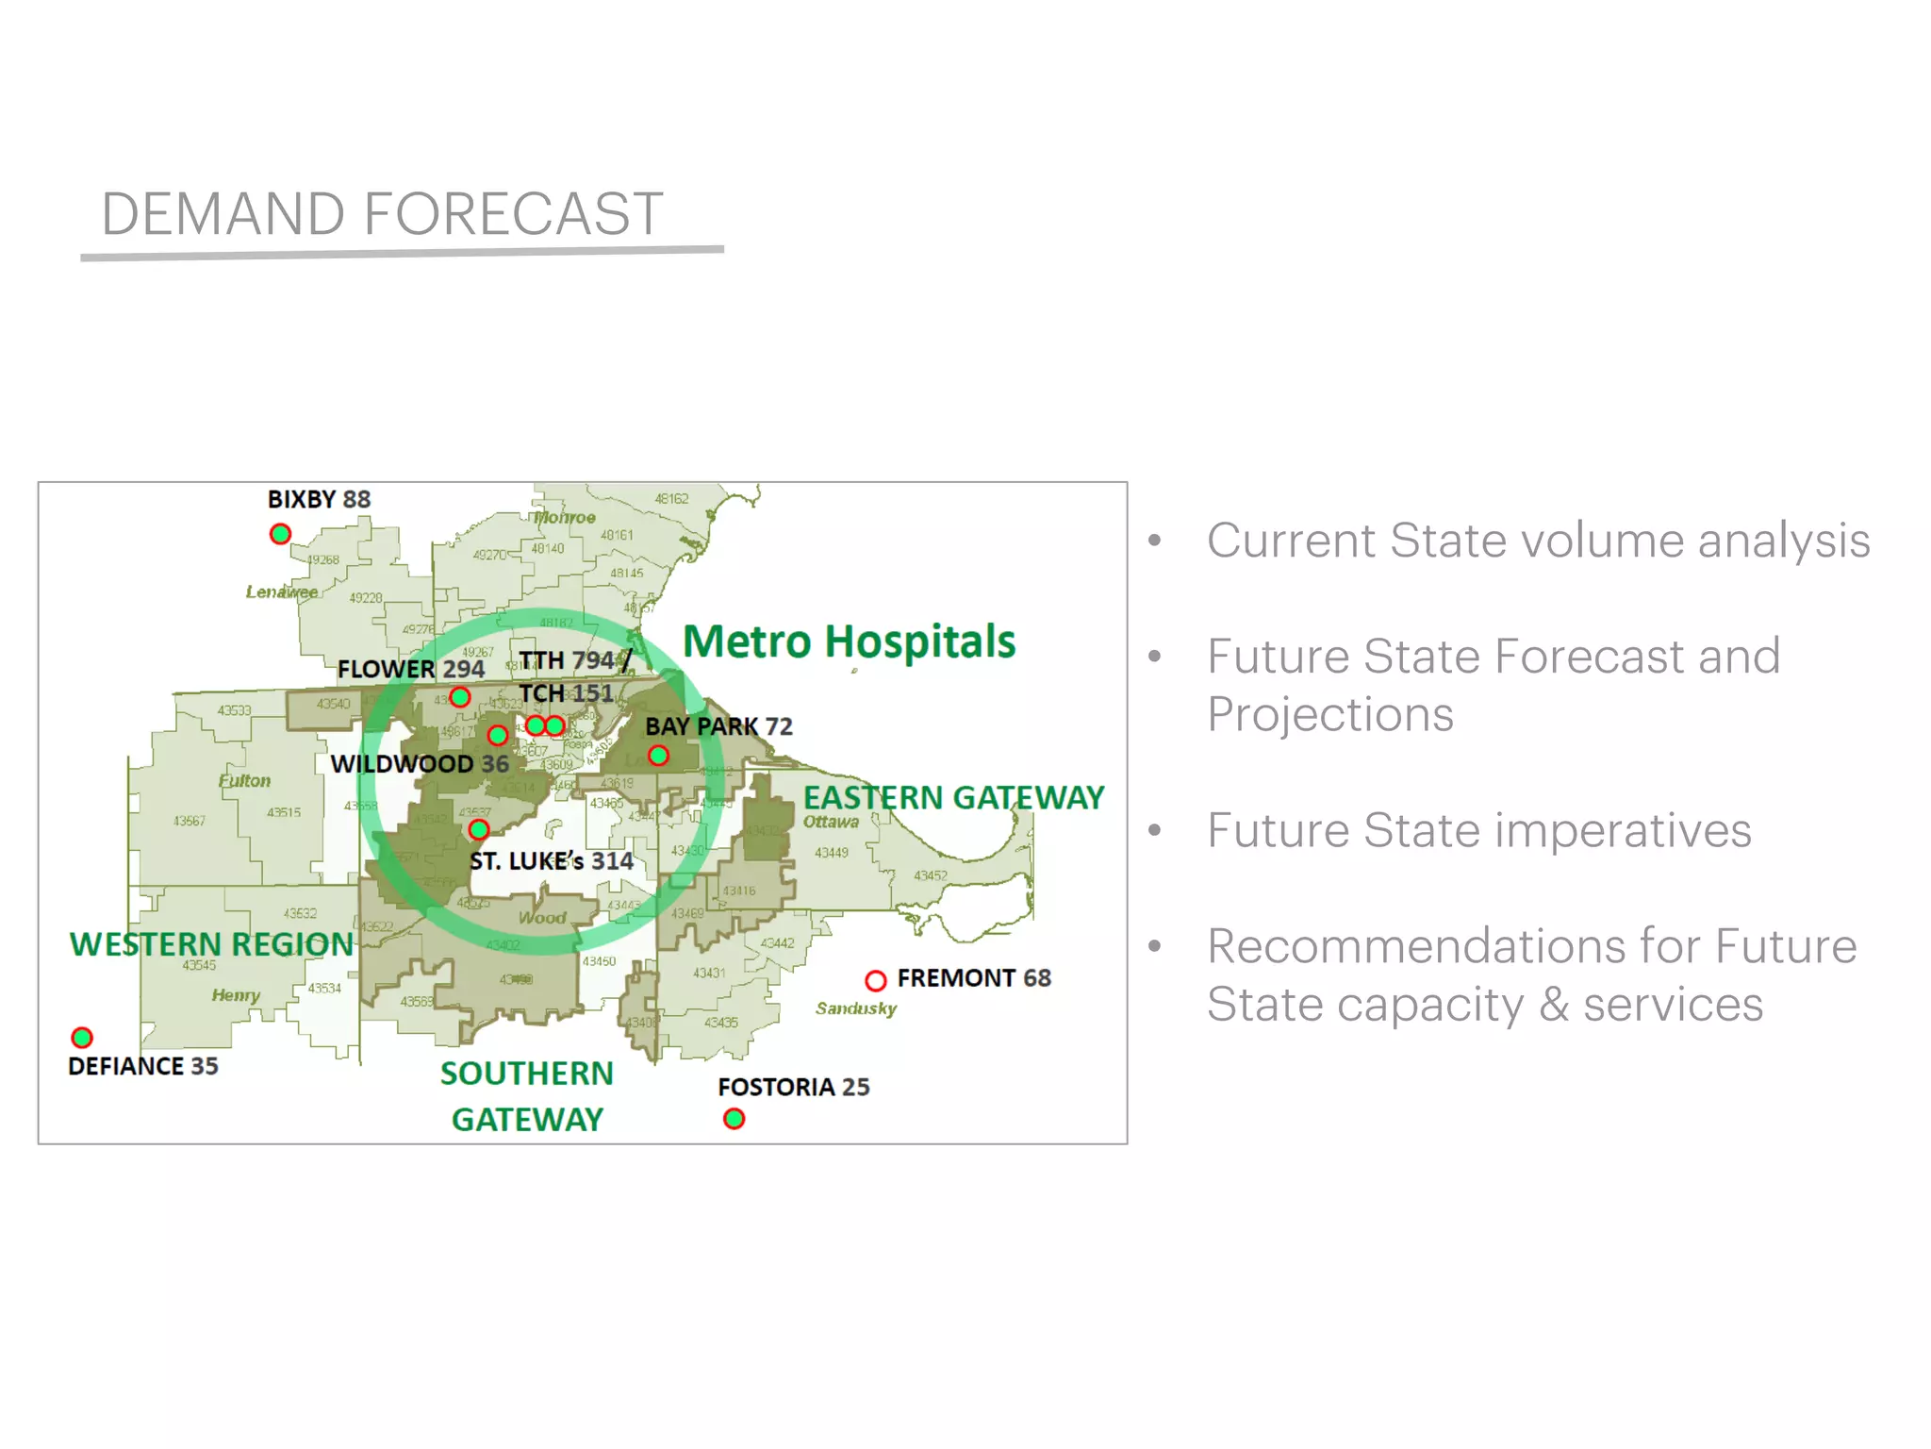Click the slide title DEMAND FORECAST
382,213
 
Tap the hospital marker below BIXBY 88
280,534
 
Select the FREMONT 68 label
973,978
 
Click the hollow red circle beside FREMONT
875,980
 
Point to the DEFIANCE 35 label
143,1066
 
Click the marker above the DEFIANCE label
82,1038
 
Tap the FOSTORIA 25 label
793,1087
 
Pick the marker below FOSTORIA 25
734,1119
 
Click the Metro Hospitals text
849,641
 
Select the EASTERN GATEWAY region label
952,797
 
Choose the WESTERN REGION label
211,944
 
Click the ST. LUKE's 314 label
552,861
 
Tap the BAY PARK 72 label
718,726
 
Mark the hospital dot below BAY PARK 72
658,756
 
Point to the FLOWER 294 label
411,669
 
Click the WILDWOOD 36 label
420,763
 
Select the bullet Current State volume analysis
1538,541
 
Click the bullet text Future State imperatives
1478,830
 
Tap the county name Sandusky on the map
855,1008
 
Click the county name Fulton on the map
244,781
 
